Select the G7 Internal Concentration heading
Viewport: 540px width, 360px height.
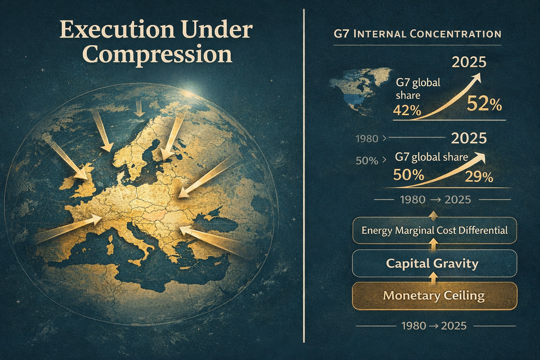(418, 34)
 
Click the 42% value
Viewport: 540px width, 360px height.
(407, 111)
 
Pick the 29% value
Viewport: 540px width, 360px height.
(479, 178)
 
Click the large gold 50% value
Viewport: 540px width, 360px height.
(409, 175)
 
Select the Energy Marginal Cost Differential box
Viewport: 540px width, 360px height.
(435, 230)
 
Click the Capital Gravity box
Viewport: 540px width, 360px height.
(435, 263)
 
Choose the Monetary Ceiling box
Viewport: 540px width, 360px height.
(435, 296)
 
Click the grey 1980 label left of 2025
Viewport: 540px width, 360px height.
(367, 139)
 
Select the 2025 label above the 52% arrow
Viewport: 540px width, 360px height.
(469, 62)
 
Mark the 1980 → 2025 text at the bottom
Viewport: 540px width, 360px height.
(434, 326)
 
